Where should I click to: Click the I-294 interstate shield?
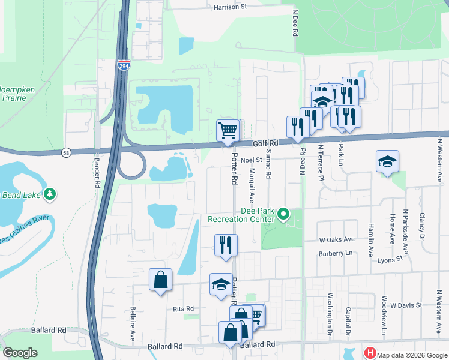[123, 65]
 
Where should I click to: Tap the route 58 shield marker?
[65, 153]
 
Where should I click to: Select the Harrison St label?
[231, 8]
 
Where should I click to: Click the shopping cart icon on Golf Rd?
[228, 130]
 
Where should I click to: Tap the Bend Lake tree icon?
[52, 194]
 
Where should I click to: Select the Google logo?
[20, 353]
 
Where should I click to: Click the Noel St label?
[251, 160]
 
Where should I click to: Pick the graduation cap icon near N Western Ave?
[387, 161]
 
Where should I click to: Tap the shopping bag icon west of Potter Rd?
[160, 279]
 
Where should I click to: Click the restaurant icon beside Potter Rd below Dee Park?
[226, 245]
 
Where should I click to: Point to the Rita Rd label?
[184, 308]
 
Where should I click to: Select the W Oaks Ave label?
[337, 239]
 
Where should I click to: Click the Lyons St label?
[390, 260]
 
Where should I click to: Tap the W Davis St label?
[406, 305]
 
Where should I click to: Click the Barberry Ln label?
[334, 253]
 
